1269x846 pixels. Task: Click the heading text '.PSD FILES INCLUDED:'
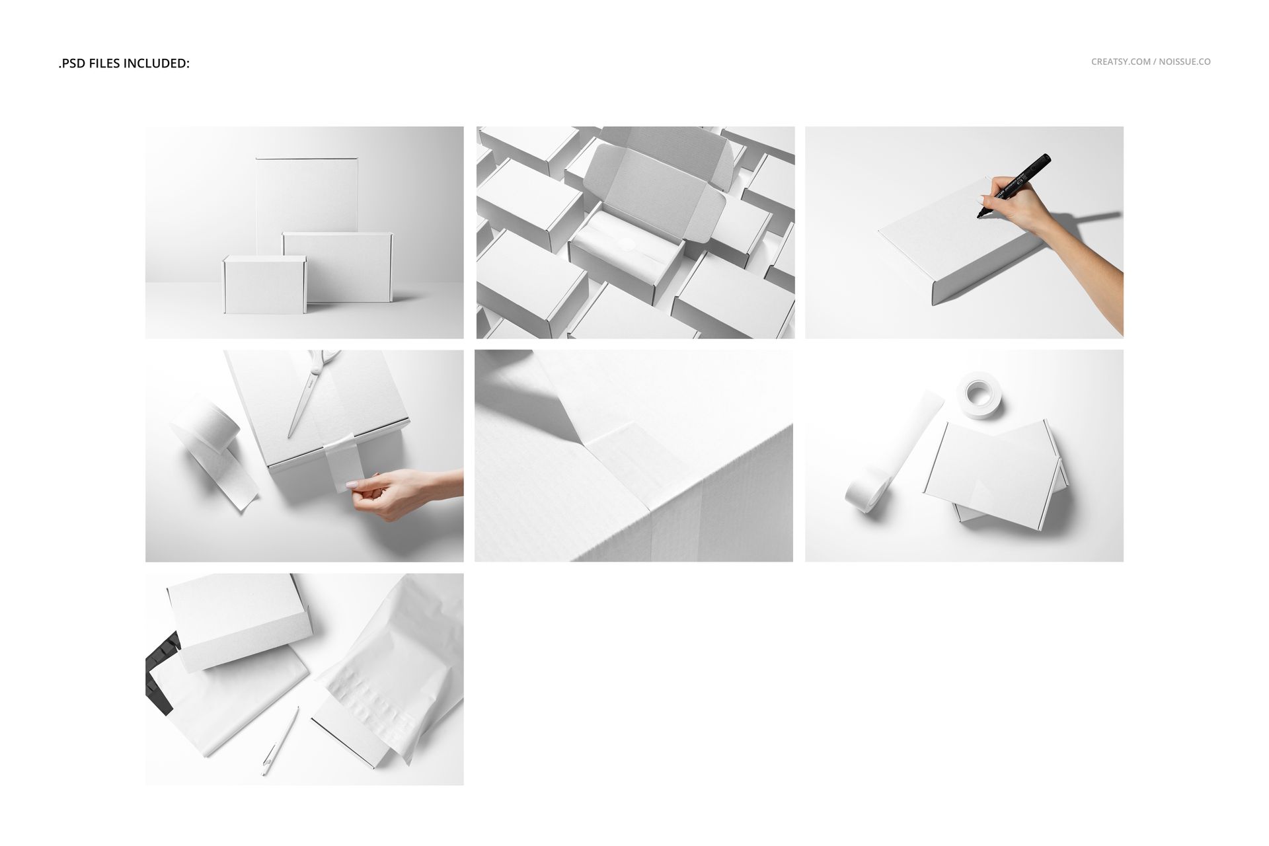[124, 63]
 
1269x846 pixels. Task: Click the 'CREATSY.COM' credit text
[1120, 61]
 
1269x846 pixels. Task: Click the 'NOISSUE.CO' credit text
[1184, 61]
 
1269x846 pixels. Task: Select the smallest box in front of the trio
[264, 285]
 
